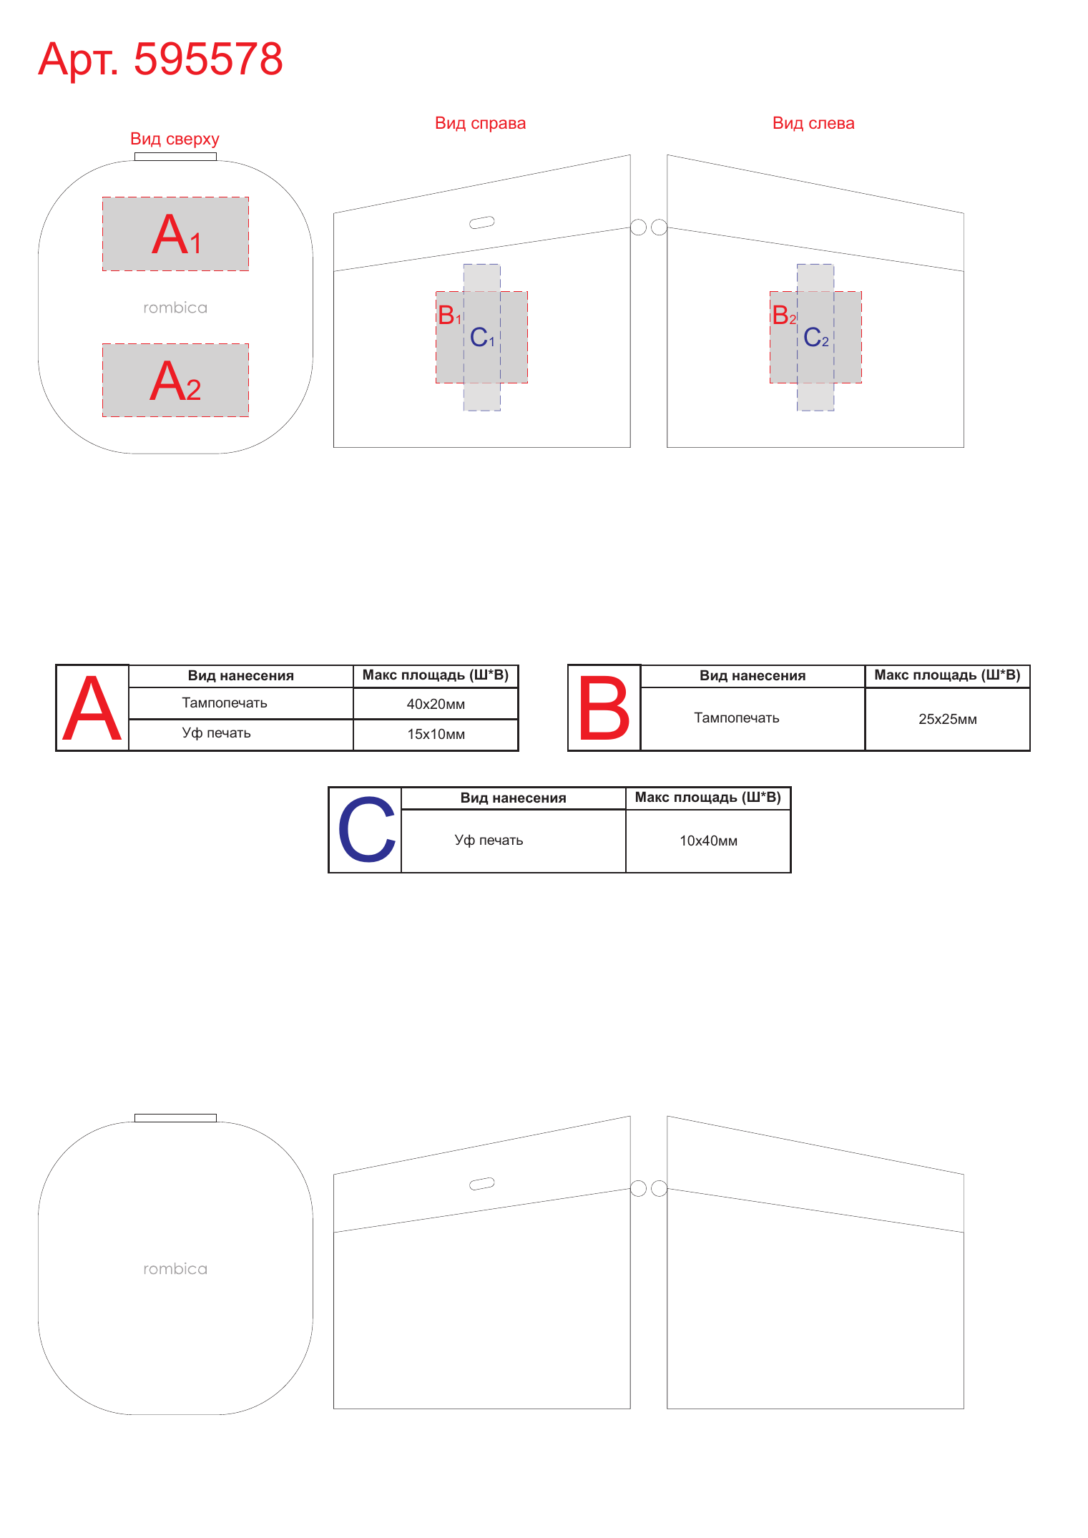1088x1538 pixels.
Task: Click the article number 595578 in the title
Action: pos(208,59)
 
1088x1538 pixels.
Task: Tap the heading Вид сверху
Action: pos(175,139)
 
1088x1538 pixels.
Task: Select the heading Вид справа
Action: pos(480,123)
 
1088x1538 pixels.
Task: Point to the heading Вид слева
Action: pos(813,123)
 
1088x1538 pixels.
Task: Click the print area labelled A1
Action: pos(176,234)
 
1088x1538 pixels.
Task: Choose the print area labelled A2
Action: pos(176,380)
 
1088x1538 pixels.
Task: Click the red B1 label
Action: pos(449,315)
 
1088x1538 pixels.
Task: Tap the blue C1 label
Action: pos(482,337)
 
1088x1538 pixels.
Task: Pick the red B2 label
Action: pos(784,315)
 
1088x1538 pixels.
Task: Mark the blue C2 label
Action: pos(816,337)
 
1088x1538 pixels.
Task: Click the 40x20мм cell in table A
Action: pos(436,704)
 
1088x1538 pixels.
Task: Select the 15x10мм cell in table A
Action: pos(436,734)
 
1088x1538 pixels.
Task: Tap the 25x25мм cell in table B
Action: pos(948,719)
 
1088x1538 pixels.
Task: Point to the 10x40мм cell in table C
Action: pos(708,841)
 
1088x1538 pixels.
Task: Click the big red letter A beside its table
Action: pos(92,708)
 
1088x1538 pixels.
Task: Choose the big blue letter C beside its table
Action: pos(366,830)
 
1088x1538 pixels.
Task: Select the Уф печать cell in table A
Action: pos(216,733)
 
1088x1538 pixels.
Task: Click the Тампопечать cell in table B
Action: pos(737,717)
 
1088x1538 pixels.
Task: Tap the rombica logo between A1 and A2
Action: pos(175,308)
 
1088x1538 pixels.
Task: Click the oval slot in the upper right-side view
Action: pos(482,222)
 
